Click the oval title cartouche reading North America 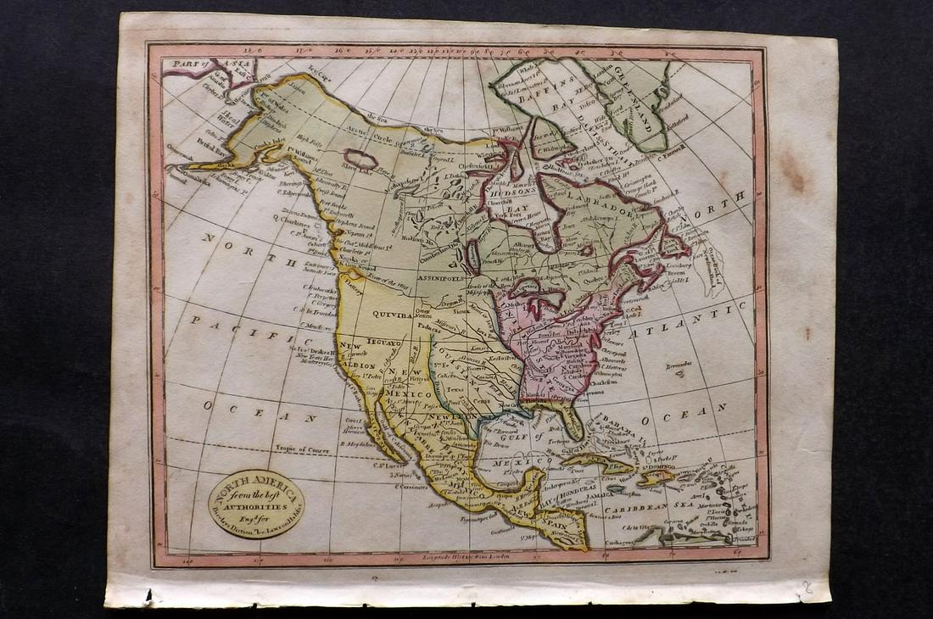[255, 504]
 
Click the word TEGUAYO [383, 341]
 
